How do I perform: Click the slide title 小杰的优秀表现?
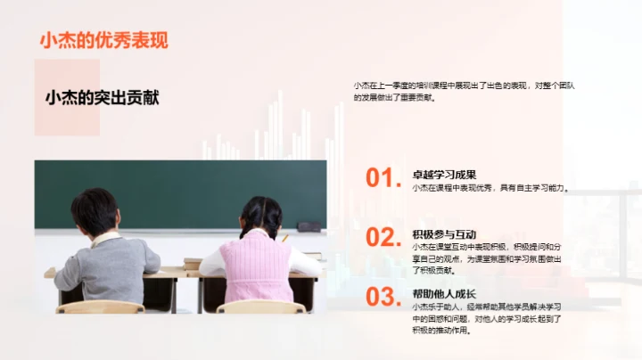pyautogui.click(x=103, y=40)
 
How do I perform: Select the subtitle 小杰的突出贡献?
pyautogui.click(x=102, y=98)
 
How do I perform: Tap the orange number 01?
pyautogui.click(x=381, y=178)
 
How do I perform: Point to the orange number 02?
pyautogui.click(x=381, y=237)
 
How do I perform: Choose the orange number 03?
pyautogui.click(x=381, y=297)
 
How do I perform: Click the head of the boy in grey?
pyautogui.click(x=95, y=212)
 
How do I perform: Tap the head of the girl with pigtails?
pyautogui.click(x=260, y=216)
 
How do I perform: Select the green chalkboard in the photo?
pyautogui.click(x=178, y=192)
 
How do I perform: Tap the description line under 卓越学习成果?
pyautogui.click(x=490, y=188)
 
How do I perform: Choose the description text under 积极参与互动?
pyautogui.click(x=487, y=258)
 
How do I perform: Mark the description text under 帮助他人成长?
pyautogui.click(x=486, y=317)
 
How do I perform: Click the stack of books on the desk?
pyautogui.click(x=193, y=262)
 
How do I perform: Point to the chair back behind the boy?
pyautogui.click(x=100, y=307)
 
